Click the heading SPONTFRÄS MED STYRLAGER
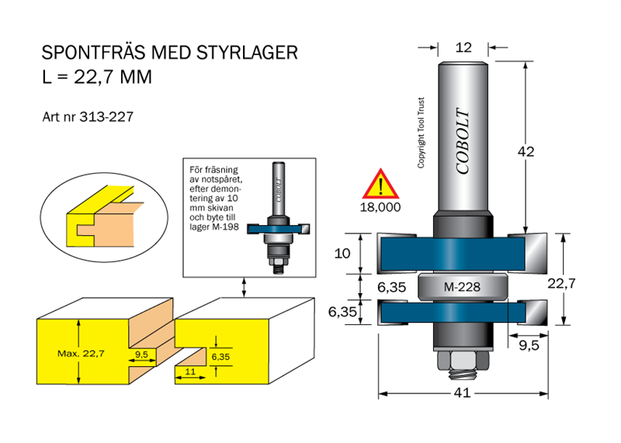click(x=169, y=54)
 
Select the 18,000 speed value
click(x=380, y=208)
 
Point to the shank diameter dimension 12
click(x=463, y=47)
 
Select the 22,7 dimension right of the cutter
click(x=561, y=283)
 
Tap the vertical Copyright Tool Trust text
click(x=422, y=133)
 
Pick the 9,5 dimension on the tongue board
click(x=141, y=354)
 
